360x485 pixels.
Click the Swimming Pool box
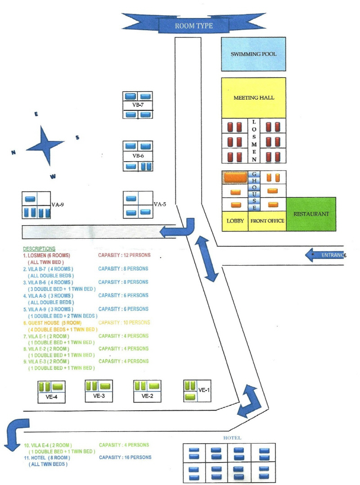253,54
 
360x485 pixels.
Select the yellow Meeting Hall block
253,98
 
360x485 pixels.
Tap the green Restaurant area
311,214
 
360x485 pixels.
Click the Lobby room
235,221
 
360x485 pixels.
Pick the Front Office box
267,221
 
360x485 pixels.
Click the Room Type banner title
193,26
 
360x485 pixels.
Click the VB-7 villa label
138,105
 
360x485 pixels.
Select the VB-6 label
138,156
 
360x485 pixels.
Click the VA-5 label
160,204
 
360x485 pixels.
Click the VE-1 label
205,390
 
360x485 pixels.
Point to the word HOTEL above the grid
232,438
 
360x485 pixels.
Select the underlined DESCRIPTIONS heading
39,249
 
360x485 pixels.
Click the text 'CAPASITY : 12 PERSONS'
124,255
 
